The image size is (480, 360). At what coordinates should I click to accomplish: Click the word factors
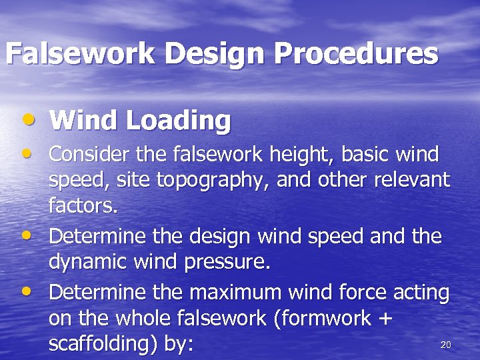pos(83,206)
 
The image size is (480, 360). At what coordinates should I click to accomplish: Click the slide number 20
pos(446,345)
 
